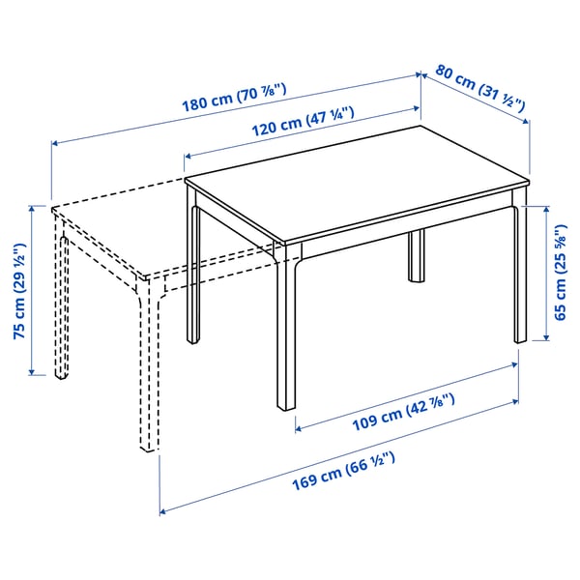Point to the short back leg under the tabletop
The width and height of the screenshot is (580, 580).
pyautogui.click(x=417, y=256)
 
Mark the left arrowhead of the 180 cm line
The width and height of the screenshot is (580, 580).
pyautogui.click(x=54, y=144)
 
